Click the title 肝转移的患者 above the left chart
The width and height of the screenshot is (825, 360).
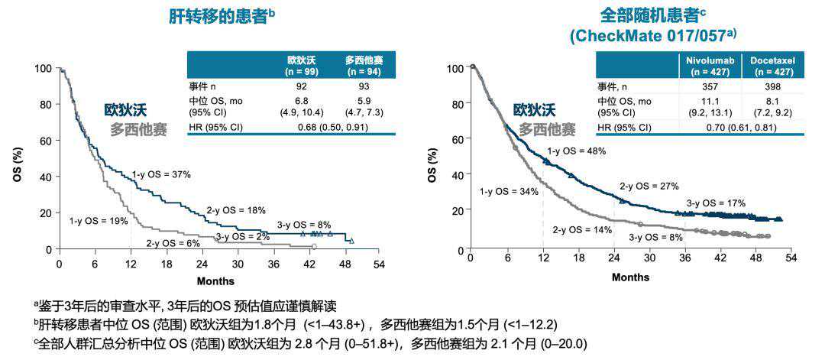(217, 17)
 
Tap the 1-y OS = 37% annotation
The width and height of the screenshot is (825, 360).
(161, 175)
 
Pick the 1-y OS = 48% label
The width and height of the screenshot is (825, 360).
(577, 151)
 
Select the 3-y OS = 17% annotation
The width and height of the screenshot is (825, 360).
(716, 203)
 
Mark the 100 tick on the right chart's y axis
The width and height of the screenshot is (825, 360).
(454, 68)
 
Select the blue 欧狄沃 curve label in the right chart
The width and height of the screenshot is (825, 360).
(535, 110)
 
